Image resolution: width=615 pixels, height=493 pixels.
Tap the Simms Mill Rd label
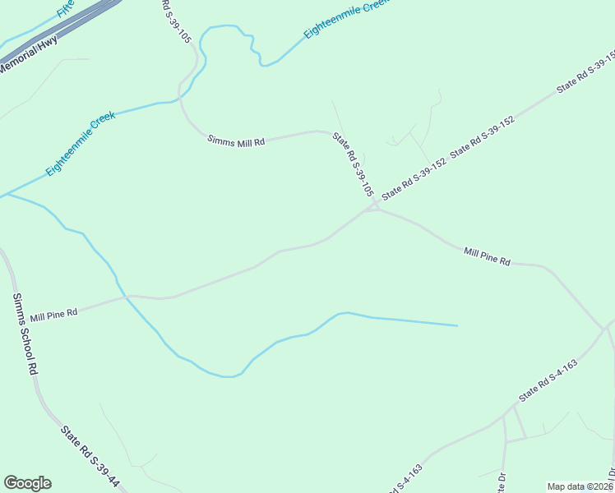(x=235, y=141)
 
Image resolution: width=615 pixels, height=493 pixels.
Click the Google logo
(x=27, y=483)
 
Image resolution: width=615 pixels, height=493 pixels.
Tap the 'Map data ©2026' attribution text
(x=580, y=486)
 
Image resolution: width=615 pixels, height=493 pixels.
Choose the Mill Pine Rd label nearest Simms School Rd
(x=53, y=315)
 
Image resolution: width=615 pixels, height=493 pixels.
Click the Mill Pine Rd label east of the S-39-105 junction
(x=487, y=256)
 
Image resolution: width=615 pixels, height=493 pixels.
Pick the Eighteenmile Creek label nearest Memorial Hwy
(x=81, y=143)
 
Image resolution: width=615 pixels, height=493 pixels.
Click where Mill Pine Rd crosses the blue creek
(x=125, y=297)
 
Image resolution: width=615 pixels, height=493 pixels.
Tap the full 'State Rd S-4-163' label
(x=548, y=380)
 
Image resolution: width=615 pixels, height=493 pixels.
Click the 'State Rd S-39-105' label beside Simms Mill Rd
(x=353, y=162)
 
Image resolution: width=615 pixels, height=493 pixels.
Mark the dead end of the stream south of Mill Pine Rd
(x=457, y=325)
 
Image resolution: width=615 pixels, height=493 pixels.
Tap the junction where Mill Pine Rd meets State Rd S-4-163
(x=606, y=328)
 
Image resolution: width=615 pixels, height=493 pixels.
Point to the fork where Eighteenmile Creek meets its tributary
(x=7, y=196)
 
